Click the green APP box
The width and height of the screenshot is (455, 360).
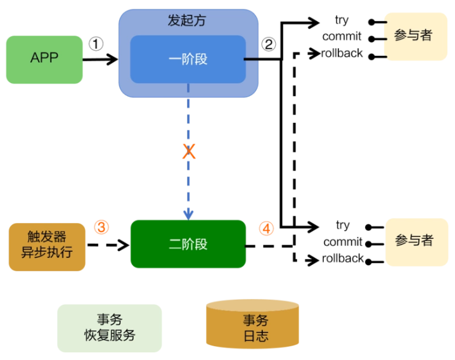[x=44, y=60]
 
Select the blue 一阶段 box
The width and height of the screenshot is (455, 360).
[x=188, y=59]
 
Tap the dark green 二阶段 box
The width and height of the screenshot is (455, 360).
[x=188, y=244]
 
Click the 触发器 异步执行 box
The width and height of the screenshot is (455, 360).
[x=47, y=247]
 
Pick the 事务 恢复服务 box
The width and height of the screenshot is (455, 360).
[x=110, y=328]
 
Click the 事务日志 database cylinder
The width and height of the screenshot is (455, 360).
[x=252, y=324]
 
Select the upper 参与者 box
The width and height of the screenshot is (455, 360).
[x=416, y=36]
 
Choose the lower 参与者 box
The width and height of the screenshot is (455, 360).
[x=417, y=242]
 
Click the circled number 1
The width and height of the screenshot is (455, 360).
[x=96, y=44]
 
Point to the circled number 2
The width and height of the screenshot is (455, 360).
[x=269, y=44]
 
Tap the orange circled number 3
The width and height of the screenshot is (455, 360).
[x=101, y=227]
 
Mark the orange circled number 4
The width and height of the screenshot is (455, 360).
[x=266, y=228]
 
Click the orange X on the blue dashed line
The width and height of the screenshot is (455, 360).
[x=189, y=151]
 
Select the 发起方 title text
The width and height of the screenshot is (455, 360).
[x=187, y=20]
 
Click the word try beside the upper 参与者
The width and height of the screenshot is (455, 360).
[x=342, y=20]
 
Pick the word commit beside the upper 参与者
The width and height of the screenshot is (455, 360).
[x=342, y=37]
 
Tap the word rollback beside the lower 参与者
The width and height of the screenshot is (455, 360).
[x=343, y=258]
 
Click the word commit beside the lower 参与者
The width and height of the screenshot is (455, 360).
[x=343, y=242]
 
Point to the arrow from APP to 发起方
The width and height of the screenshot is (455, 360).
[x=100, y=59]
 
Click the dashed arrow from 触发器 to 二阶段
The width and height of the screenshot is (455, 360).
[x=108, y=245]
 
